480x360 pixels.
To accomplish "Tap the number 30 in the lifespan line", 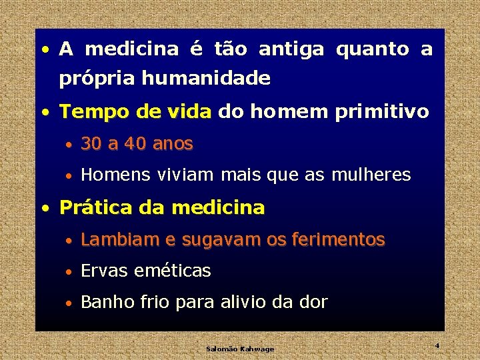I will click(x=91, y=143).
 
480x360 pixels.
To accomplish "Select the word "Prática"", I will click(x=95, y=207).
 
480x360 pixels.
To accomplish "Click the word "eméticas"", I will click(x=173, y=271).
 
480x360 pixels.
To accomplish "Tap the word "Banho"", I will click(x=107, y=302).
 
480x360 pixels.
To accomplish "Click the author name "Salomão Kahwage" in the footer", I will click(x=240, y=349).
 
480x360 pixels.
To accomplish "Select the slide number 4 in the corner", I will click(x=437, y=345).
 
